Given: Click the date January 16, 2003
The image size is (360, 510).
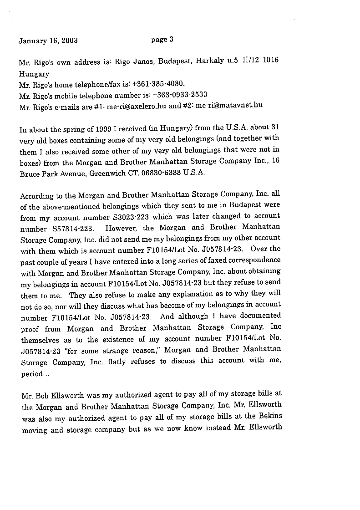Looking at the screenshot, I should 48,41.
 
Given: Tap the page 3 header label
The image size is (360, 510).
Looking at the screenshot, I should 162,40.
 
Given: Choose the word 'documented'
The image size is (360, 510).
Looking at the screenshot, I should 261,316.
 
